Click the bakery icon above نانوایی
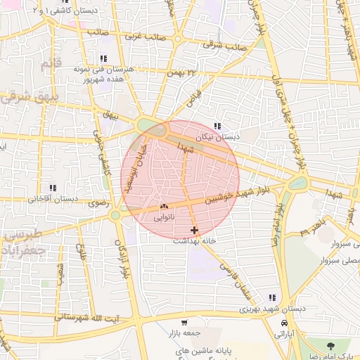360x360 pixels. coord(164,207)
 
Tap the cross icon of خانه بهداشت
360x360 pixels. coord(194,230)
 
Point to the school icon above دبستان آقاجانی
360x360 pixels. coord(53,188)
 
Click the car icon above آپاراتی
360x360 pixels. coord(284,322)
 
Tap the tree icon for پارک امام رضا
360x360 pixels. coord(330,345)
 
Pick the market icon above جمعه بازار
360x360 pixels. coord(184,322)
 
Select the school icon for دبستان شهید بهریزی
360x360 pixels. coord(272,297)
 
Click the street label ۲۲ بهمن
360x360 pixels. coord(183,72)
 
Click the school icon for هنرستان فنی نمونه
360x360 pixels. coord(103,59)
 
